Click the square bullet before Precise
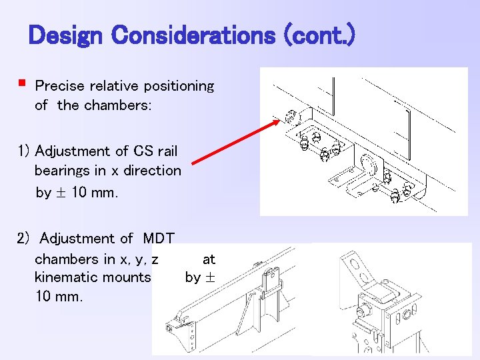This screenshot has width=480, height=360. click(x=22, y=84)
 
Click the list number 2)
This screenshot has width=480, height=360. click(x=25, y=239)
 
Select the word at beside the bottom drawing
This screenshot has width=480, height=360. click(x=208, y=258)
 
